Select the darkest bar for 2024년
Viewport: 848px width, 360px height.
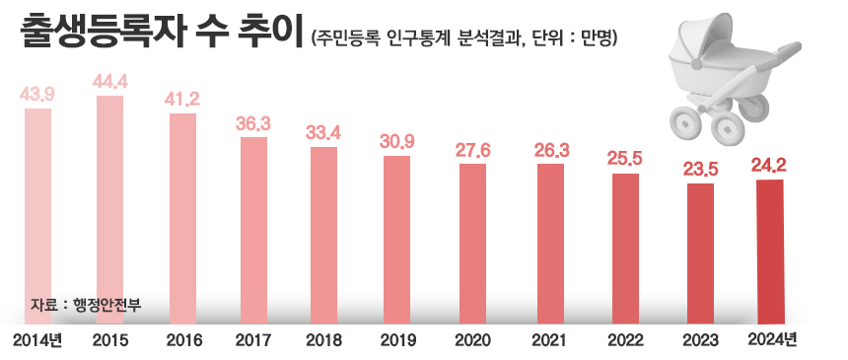(x=770, y=252)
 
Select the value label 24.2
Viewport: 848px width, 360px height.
(x=770, y=165)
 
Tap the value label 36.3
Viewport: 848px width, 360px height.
(x=253, y=123)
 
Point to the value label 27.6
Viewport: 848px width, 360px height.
(x=473, y=149)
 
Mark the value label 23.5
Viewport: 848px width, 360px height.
(x=699, y=169)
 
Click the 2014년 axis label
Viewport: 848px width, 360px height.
(x=38, y=340)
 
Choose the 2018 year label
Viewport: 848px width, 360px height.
(x=324, y=340)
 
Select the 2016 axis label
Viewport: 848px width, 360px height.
(x=182, y=340)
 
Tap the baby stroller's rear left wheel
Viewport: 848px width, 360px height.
(x=684, y=122)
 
